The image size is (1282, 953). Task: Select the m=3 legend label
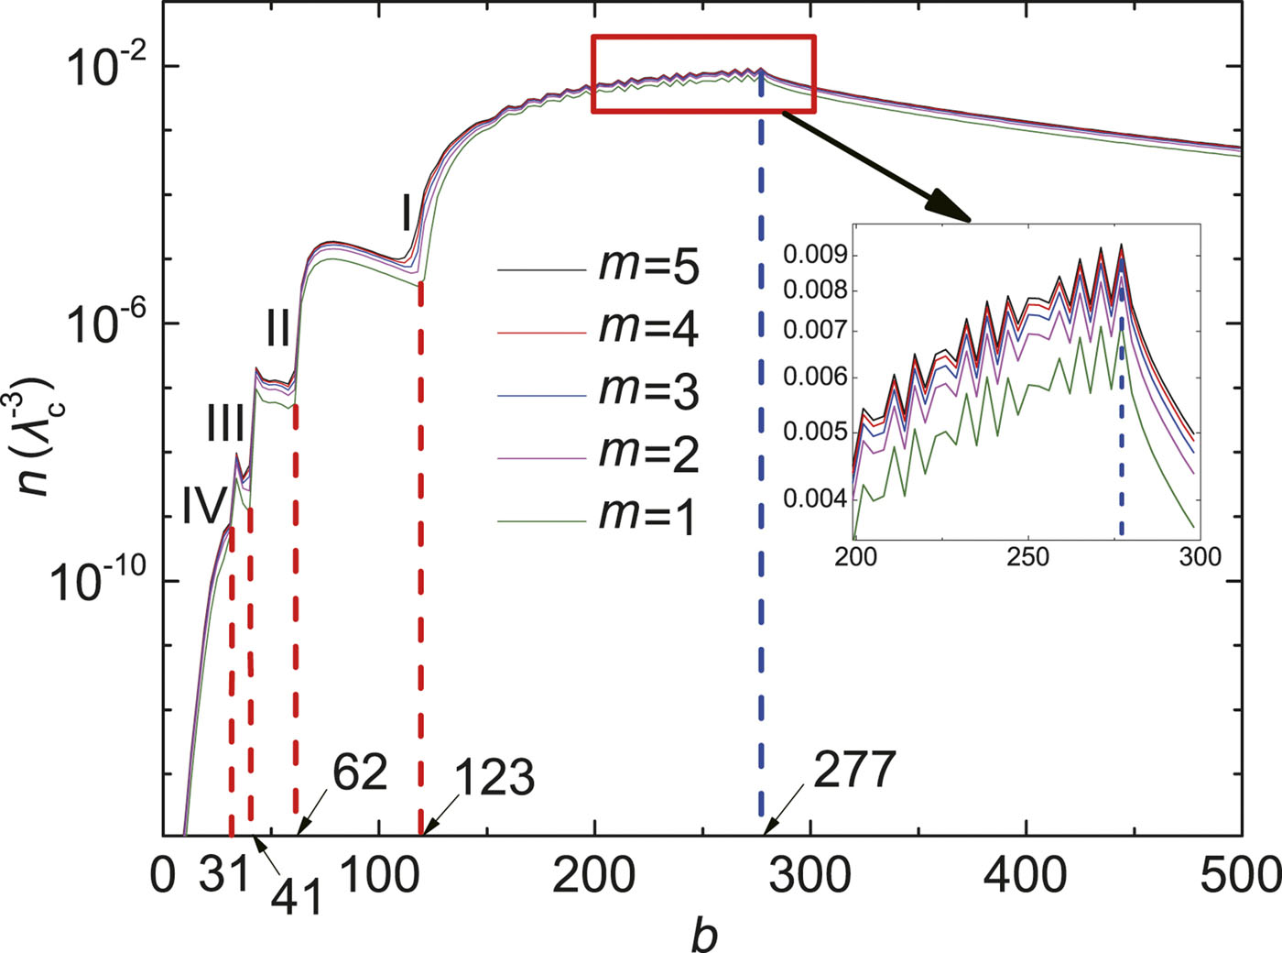(649, 391)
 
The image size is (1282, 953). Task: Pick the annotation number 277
(854, 770)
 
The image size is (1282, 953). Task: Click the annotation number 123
(494, 778)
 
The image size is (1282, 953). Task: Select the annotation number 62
(360, 772)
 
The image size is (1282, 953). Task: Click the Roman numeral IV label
(203, 507)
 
